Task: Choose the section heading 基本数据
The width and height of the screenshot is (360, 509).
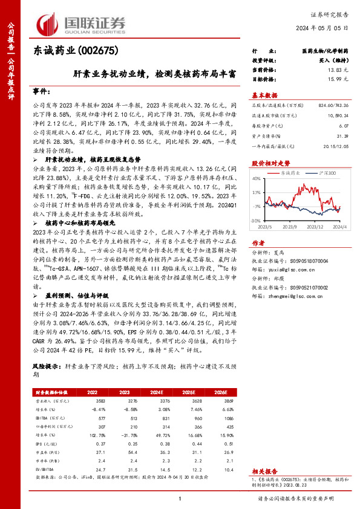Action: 264,96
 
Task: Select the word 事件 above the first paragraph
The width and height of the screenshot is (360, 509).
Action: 41,91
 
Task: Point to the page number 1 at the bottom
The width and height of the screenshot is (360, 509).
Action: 180,499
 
